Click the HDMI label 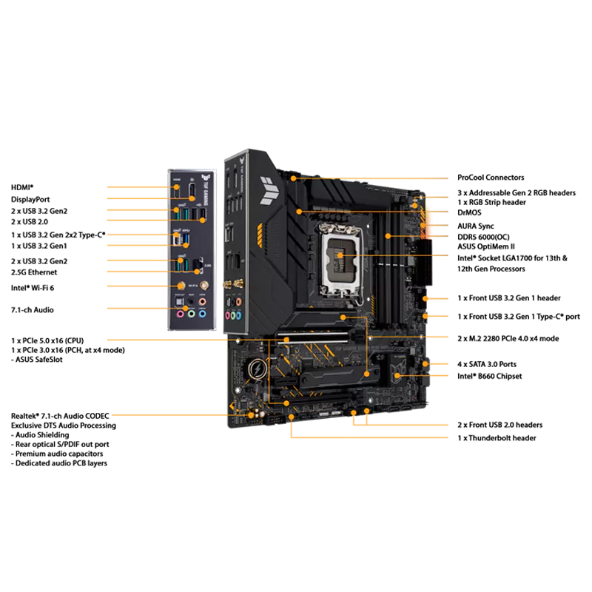tap(22, 188)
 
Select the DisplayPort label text tap(30, 199)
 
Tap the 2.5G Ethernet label tap(34, 272)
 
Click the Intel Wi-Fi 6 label tap(33, 288)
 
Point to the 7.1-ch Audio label tap(33, 310)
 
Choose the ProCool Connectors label tap(491, 178)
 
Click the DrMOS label tap(469, 212)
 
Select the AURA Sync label tap(476, 226)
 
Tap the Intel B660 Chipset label tap(490, 377)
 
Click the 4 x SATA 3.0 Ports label tap(487, 364)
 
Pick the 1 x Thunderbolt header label tap(497, 438)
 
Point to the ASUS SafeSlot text tap(37, 360)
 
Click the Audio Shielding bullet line tap(40, 435)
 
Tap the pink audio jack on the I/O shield tap(181, 314)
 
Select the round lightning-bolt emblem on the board tap(258, 369)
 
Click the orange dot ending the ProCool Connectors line tap(293, 178)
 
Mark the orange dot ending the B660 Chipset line tap(397, 376)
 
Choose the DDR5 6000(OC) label tap(483, 237)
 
